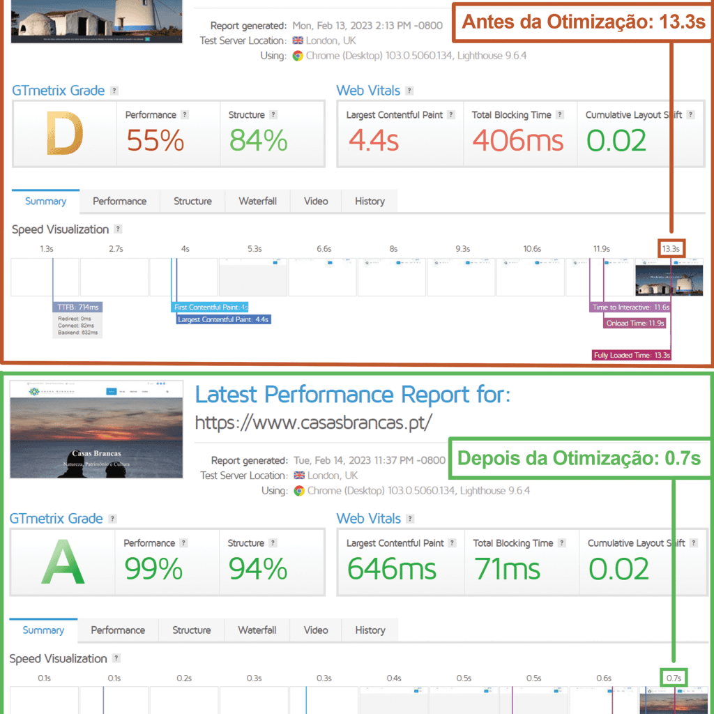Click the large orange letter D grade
click(x=64, y=135)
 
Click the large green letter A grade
click(x=63, y=563)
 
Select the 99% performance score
click(x=153, y=569)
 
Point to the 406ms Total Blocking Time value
click(x=517, y=140)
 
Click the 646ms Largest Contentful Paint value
click(x=392, y=569)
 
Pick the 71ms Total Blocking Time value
click(x=508, y=569)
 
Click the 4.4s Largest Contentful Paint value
click(x=373, y=140)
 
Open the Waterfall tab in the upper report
click(x=257, y=201)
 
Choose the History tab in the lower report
click(x=370, y=630)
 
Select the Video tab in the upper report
click(x=316, y=201)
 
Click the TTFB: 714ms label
click(x=77, y=307)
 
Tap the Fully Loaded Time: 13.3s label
click(x=632, y=355)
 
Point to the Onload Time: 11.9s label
click(x=635, y=323)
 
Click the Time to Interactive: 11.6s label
click(x=630, y=307)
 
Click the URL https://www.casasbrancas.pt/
click(x=314, y=423)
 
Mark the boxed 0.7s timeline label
click(x=674, y=677)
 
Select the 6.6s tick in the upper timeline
click(x=324, y=248)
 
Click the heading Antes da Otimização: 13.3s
click(x=584, y=22)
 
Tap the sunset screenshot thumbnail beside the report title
click(x=97, y=429)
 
